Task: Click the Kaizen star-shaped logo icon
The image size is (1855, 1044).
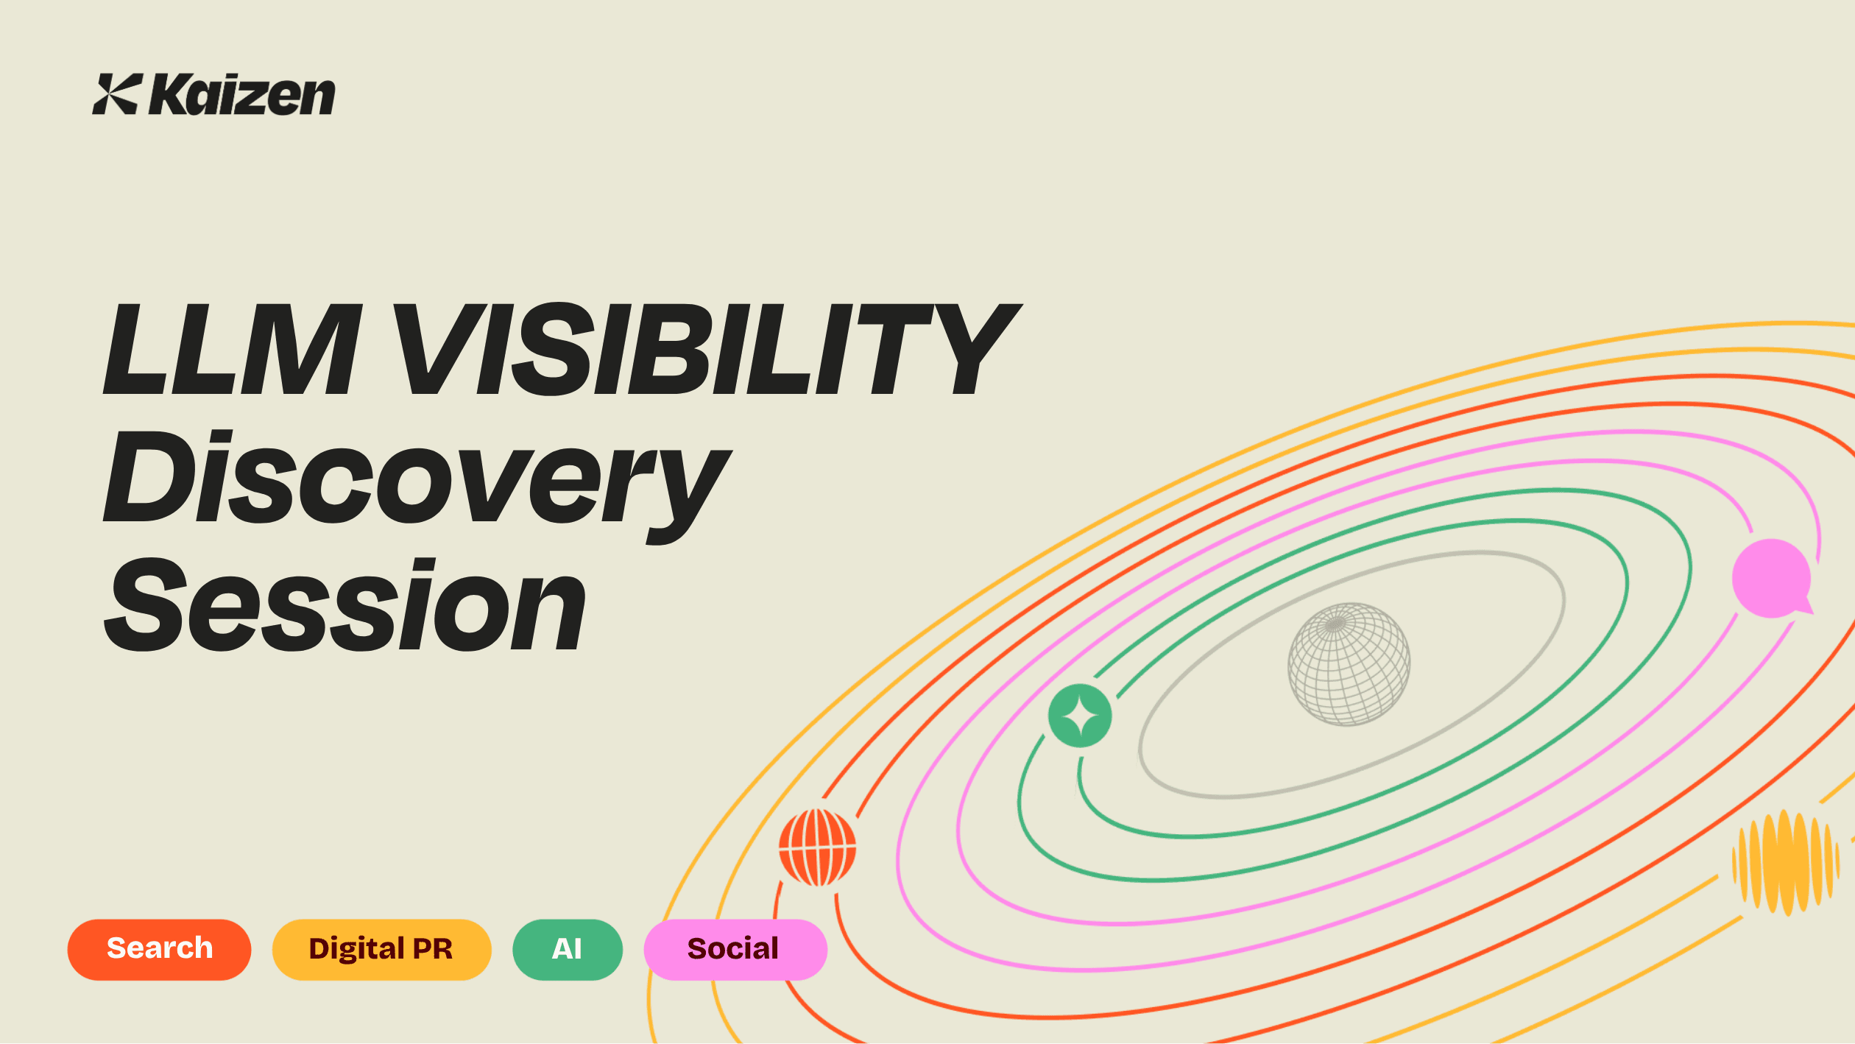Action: click(x=116, y=94)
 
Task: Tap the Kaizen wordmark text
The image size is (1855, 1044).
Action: click(x=242, y=96)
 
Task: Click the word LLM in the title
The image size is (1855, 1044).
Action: click(x=233, y=349)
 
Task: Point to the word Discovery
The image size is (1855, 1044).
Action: click(x=416, y=479)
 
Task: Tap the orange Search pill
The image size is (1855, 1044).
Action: click(x=159, y=949)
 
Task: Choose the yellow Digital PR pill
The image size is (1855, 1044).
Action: click(x=381, y=949)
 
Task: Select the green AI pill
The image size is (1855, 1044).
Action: click(x=567, y=949)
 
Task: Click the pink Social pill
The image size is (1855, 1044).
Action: click(x=735, y=949)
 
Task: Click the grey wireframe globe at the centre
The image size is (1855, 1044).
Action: click(x=1349, y=664)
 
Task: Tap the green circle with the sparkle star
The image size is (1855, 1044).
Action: click(x=1080, y=716)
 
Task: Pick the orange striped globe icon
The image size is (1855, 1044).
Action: click(x=817, y=847)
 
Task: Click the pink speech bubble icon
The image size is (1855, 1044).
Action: click(x=1771, y=578)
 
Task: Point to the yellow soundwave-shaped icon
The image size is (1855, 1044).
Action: click(x=1784, y=861)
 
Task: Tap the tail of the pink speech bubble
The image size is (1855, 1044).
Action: click(x=1804, y=607)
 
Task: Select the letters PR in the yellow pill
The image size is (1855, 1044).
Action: click(x=433, y=949)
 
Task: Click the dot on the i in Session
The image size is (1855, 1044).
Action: click(x=422, y=568)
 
